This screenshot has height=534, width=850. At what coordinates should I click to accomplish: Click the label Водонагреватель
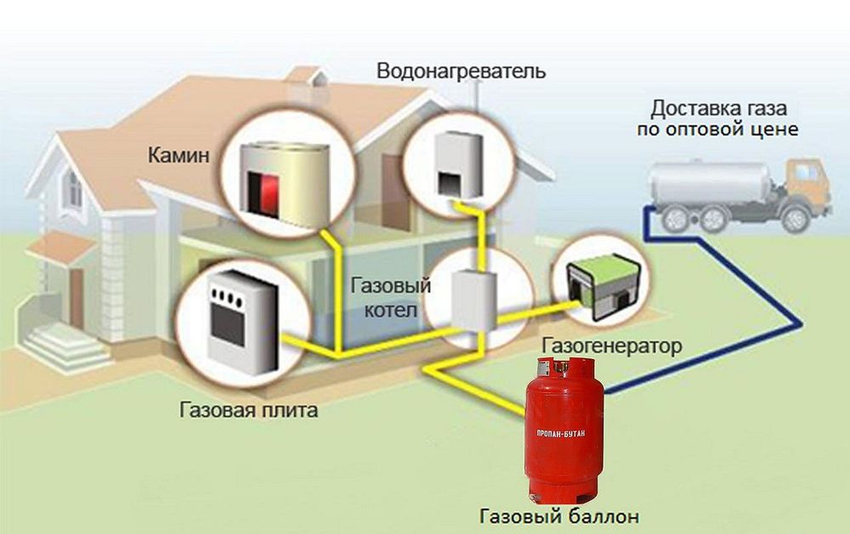(462, 71)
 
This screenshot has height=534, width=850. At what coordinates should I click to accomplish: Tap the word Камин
(178, 155)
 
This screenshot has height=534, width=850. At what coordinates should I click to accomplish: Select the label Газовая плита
(249, 410)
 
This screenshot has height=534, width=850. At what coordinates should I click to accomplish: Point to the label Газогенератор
(611, 346)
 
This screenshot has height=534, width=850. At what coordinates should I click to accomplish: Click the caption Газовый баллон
(559, 516)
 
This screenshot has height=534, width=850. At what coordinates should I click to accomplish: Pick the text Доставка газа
(718, 109)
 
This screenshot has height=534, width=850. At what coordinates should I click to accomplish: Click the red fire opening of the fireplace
(265, 194)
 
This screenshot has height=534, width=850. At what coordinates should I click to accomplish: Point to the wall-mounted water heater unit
(459, 163)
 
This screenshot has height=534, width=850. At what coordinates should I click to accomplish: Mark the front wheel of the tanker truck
(795, 219)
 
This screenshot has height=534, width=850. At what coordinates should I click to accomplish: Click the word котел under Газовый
(391, 311)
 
